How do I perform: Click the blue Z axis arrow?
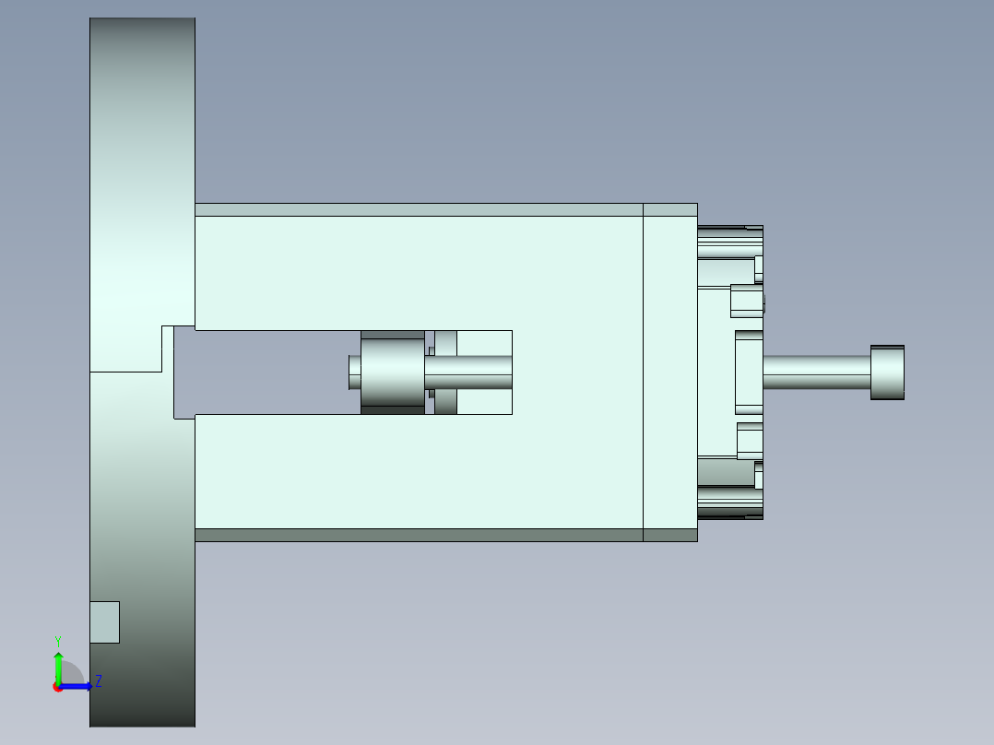click(x=77, y=685)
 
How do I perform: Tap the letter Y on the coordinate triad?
click(x=57, y=641)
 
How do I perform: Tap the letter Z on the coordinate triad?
click(x=98, y=681)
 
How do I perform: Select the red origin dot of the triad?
click(x=57, y=687)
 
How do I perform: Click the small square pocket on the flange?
click(x=104, y=622)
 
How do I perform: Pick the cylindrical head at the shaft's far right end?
click(x=887, y=372)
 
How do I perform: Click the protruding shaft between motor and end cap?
click(x=816, y=372)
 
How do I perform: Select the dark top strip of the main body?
click(x=419, y=209)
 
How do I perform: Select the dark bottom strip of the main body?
click(x=419, y=535)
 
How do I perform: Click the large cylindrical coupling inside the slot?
click(x=392, y=372)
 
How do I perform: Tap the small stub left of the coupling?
click(x=354, y=372)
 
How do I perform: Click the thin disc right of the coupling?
click(x=445, y=372)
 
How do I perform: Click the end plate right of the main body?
click(x=669, y=372)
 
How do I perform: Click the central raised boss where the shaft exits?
click(x=748, y=372)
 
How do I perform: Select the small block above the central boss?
click(x=746, y=301)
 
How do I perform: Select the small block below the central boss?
click(x=749, y=441)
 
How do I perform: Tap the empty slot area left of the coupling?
click(x=267, y=372)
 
